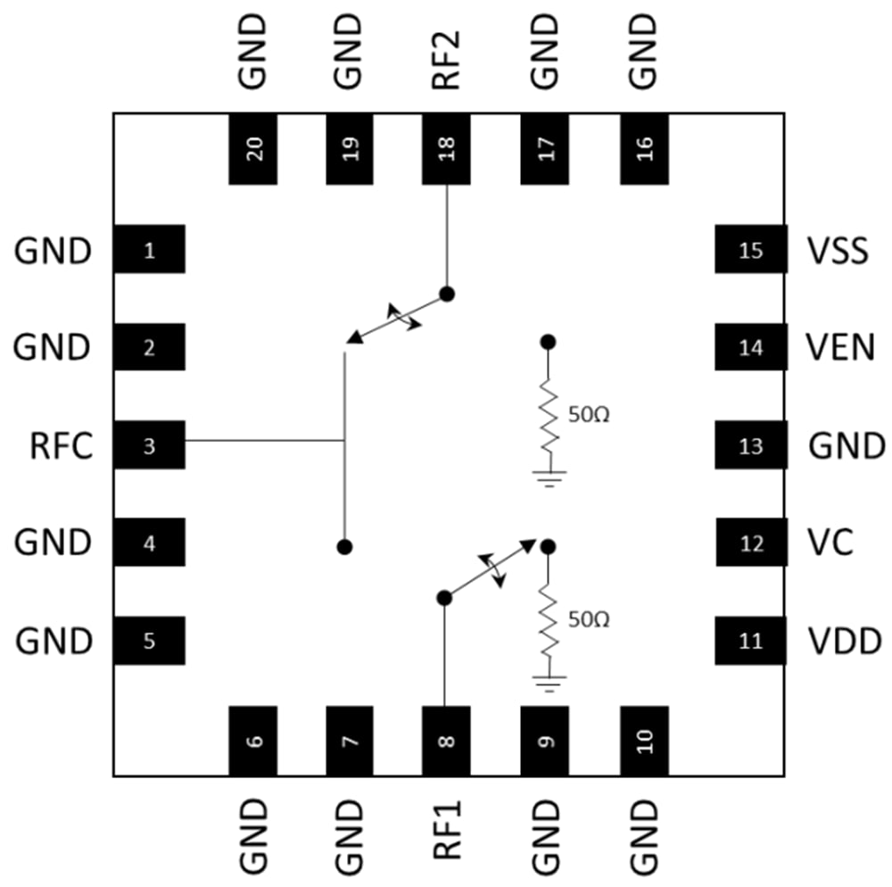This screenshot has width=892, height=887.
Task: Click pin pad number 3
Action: click(x=149, y=444)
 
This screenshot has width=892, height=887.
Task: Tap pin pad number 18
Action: click(x=445, y=148)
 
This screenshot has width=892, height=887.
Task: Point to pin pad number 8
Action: click(x=445, y=741)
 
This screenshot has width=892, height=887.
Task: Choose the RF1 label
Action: click(x=445, y=829)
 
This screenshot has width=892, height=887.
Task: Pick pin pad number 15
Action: click(x=751, y=250)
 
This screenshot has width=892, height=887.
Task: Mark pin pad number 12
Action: click(x=751, y=543)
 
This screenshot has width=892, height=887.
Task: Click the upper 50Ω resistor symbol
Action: click(x=549, y=415)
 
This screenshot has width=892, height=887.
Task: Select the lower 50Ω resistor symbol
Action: click(x=549, y=618)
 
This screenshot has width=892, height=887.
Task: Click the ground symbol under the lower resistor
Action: click(x=549, y=684)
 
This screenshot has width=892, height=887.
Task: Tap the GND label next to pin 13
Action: click(x=847, y=444)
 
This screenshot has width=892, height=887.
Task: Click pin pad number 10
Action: click(x=644, y=741)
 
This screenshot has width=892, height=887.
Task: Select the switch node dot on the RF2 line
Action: click(x=447, y=294)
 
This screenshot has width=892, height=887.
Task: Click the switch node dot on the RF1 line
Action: click(x=442, y=597)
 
